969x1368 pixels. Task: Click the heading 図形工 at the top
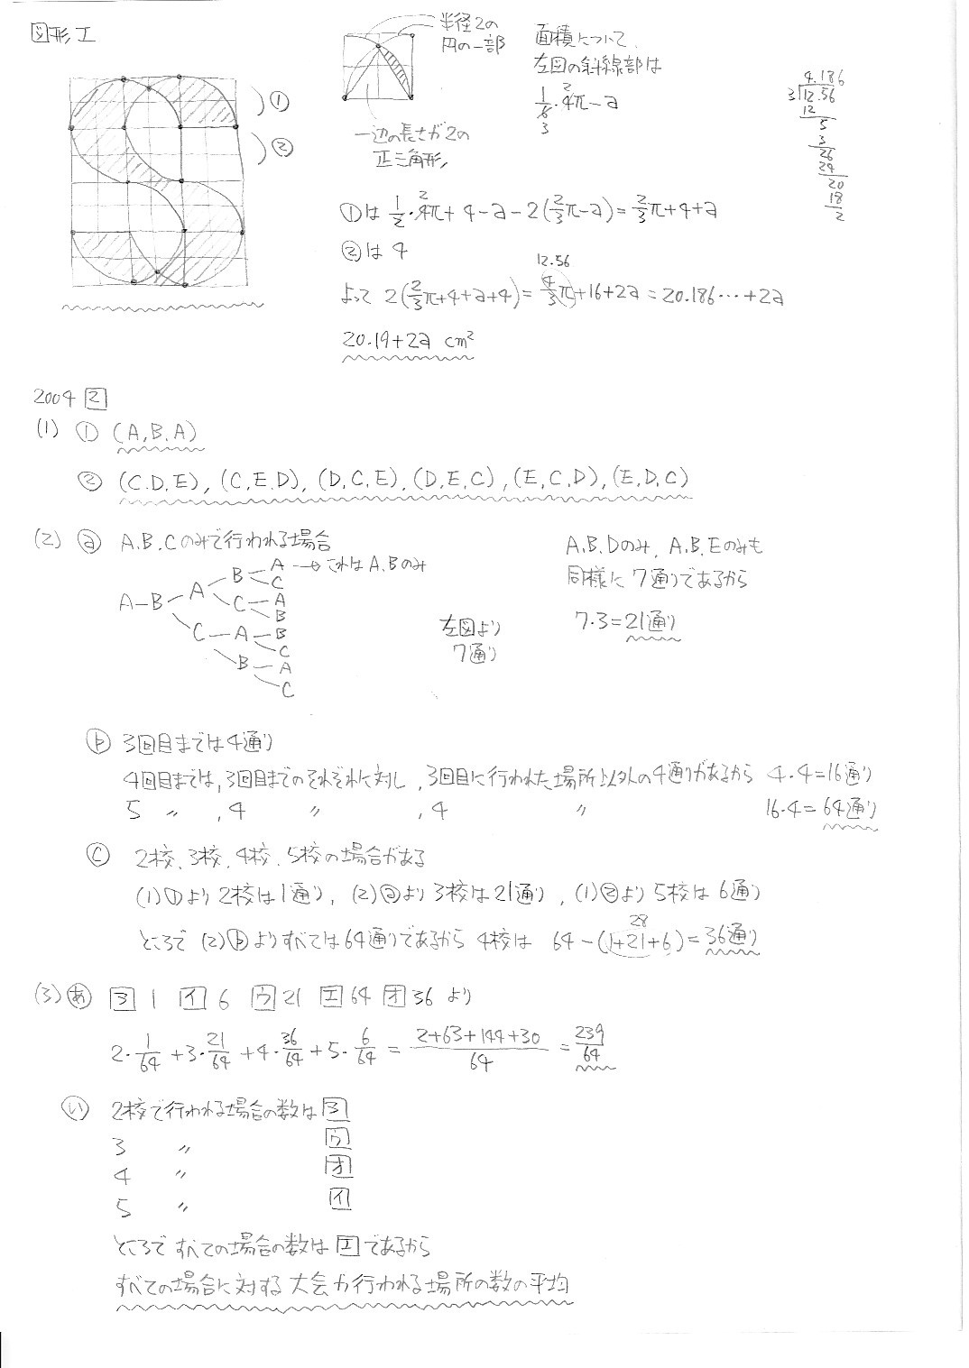62,37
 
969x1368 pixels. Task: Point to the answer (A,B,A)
155,433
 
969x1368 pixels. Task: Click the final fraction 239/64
593,1047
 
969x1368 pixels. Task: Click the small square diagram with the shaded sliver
379,67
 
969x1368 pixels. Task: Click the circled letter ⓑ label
97,741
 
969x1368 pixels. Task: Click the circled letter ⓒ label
98,856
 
